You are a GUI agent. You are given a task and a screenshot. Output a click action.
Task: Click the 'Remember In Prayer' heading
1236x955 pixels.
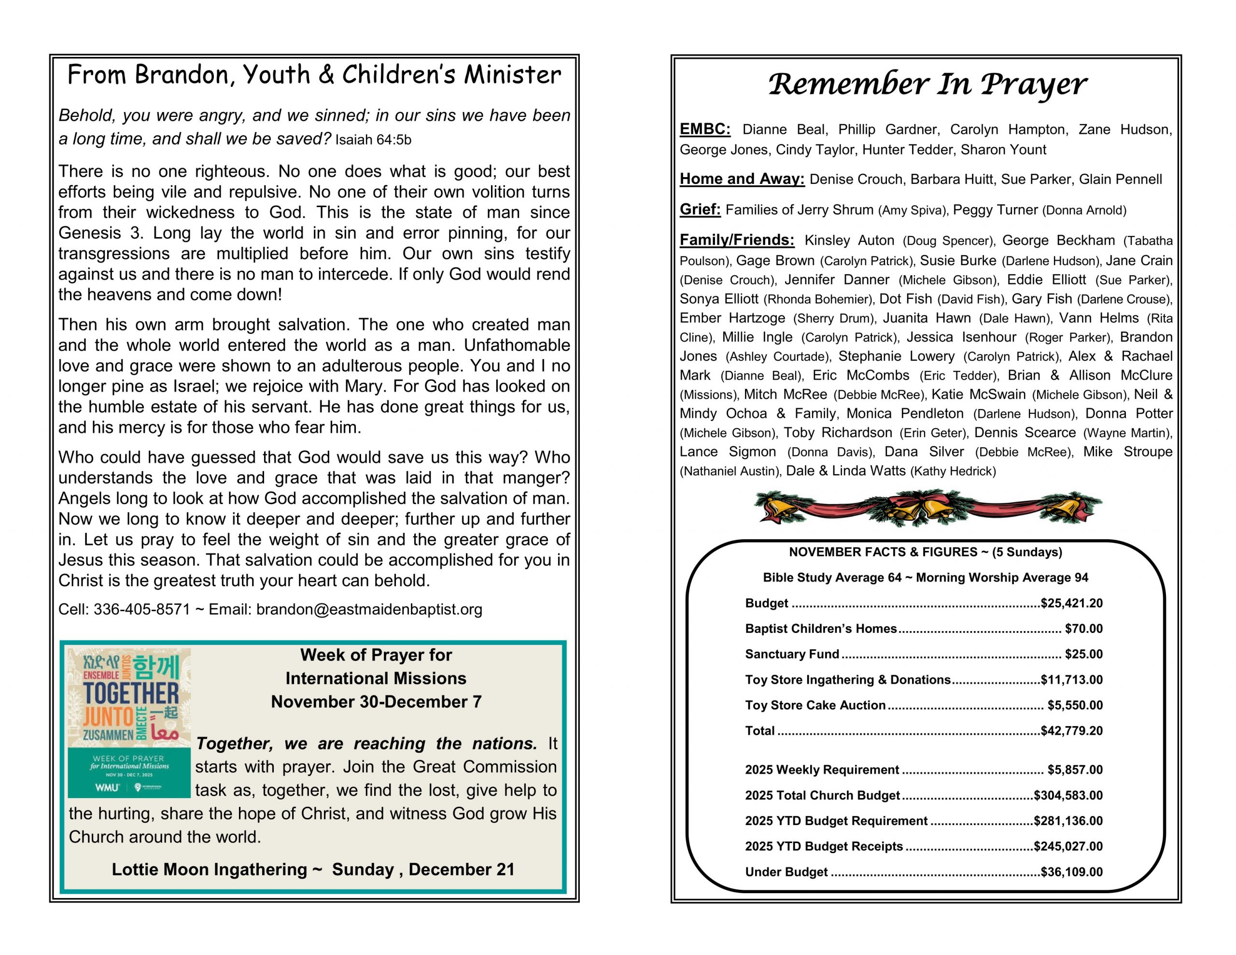coord(927,84)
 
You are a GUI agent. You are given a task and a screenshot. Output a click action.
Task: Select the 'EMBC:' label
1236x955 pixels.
coord(704,129)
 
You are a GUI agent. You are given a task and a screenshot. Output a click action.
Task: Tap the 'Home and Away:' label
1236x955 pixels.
coord(742,179)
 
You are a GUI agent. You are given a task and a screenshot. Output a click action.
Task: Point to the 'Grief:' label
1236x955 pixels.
coord(700,210)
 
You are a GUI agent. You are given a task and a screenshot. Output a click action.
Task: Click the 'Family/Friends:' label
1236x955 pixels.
coord(736,240)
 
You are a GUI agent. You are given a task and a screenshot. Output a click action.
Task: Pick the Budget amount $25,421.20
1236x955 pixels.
coord(1071,603)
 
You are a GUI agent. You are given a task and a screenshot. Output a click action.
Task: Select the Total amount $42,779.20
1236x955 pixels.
coord(1071,730)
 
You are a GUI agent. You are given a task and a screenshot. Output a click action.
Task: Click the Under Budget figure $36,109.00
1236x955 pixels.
coord(1071,872)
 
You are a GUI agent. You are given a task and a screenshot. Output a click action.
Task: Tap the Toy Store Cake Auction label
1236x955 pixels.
coord(815,705)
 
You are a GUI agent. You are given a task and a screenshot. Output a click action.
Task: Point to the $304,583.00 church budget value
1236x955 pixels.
coord(1068,795)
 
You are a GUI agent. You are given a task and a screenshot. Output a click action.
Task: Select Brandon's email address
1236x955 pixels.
coord(369,609)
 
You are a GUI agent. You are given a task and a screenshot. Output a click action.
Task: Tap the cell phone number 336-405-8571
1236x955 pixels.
coord(141,609)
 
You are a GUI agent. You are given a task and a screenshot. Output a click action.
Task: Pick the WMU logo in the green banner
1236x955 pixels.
coord(108,787)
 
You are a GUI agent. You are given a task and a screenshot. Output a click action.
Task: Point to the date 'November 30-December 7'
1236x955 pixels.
coord(376,702)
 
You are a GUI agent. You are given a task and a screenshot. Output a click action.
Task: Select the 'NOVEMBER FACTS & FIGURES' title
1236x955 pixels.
coord(925,552)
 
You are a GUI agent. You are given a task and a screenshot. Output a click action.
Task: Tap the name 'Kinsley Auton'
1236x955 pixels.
coord(849,240)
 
